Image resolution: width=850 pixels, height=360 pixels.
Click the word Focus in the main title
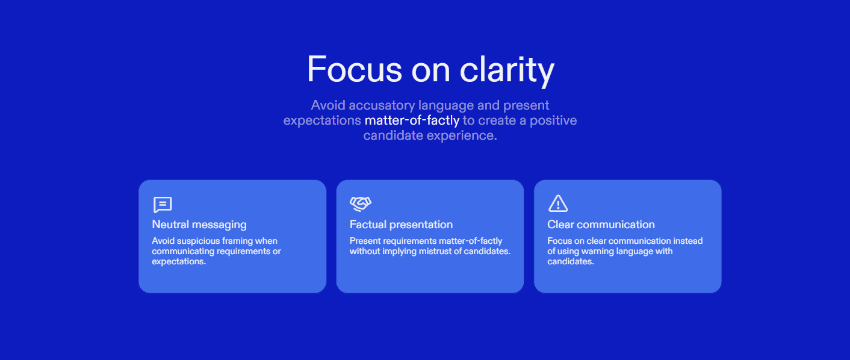(355, 69)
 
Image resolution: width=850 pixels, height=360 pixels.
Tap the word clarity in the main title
(507, 71)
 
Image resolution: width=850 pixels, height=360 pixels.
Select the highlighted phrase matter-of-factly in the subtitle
(412, 120)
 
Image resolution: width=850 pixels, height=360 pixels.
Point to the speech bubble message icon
(163, 205)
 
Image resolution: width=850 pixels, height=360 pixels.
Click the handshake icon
(361, 203)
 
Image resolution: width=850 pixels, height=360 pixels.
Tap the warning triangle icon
(558, 203)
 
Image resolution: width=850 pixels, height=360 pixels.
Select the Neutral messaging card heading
(199, 225)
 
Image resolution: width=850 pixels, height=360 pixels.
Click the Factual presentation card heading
(401, 225)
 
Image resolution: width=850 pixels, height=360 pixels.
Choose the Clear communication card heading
(601, 225)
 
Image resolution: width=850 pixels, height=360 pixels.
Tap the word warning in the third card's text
(594, 251)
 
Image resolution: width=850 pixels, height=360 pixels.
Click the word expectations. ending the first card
(179, 261)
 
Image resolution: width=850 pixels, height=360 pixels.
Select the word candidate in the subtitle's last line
(393, 135)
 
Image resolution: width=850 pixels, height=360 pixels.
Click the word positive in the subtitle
(553, 120)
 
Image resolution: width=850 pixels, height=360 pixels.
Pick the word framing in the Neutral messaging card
(238, 241)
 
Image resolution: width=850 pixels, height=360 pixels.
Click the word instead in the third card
(688, 241)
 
